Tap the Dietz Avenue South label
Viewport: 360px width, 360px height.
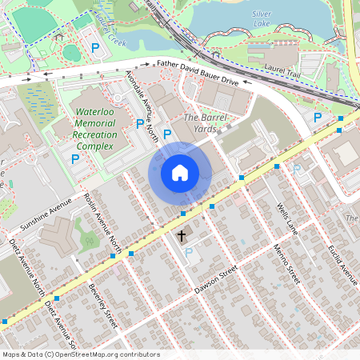[x=61, y=320]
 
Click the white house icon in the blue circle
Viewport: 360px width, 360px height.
[x=180, y=172]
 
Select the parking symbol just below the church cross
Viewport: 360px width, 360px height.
[x=189, y=253]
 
